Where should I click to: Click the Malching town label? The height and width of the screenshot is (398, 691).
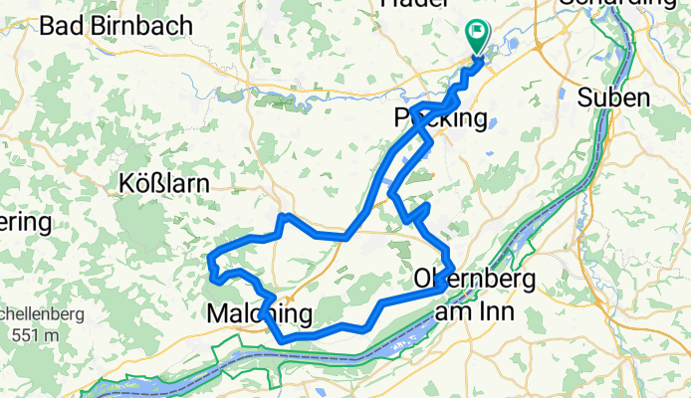pos(259,314)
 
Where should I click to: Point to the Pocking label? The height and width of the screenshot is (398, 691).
pos(444,118)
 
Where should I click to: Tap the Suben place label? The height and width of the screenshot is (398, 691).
pos(615,99)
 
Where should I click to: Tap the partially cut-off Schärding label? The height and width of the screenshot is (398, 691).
pos(622,4)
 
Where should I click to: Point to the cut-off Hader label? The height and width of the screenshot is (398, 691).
pos(407,4)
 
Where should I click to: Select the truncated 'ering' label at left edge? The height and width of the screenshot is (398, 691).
pos(24,221)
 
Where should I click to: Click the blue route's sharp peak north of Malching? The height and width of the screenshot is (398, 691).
pos(285,216)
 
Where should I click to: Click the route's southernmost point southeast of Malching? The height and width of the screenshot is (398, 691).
pos(285,339)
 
